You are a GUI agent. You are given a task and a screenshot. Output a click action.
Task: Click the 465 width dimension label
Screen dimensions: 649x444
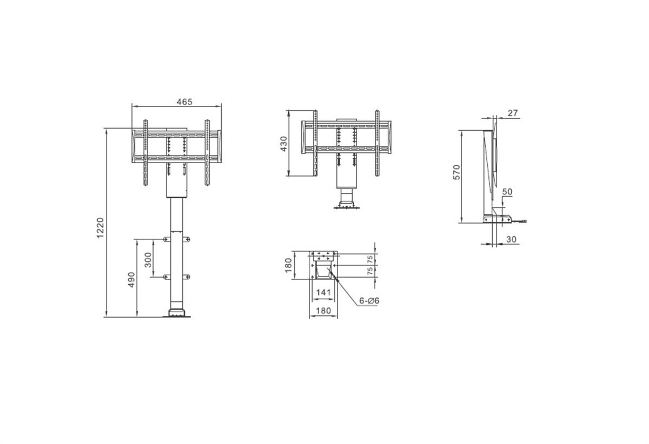(184, 102)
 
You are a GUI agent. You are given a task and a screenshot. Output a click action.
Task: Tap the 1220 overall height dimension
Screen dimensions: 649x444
(100, 228)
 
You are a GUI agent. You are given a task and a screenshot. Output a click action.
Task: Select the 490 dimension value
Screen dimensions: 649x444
(131, 280)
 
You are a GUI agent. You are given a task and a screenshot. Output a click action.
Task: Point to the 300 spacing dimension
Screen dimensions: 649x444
(148, 260)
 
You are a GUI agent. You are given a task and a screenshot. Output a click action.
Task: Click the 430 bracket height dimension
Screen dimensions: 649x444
(283, 144)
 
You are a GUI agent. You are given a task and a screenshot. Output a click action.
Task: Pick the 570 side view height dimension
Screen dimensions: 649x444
(456, 172)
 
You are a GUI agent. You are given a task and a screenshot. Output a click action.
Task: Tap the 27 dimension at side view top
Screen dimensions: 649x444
(513, 113)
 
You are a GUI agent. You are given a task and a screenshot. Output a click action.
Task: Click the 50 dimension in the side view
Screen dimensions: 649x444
(507, 192)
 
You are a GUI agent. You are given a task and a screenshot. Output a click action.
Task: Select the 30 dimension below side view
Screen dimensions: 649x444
(512, 239)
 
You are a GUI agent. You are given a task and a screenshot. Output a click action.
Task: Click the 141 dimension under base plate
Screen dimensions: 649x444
(323, 293)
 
